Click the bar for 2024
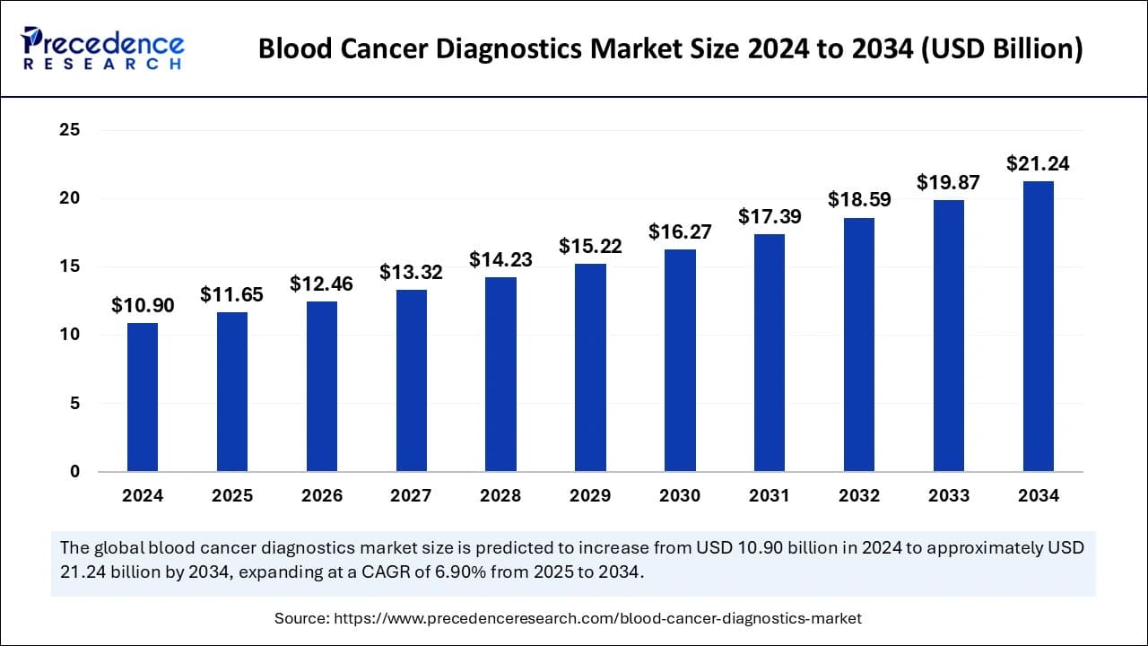tap(143, 397)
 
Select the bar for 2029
tap(590, 367)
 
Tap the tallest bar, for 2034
tap(1038, 326)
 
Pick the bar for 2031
tap(770, 353)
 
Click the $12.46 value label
tap(321, 284)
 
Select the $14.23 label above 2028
tap(500, 260)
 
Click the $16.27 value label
tap(680, 232)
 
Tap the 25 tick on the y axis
tap(71, 130)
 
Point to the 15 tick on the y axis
tap(71, 267)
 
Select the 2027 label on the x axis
tap(411, 496)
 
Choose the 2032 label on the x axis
tap(859, 496)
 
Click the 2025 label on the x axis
tap(232, 496)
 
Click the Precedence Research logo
tap(103, 49)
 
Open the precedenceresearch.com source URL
tap(597, 618)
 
